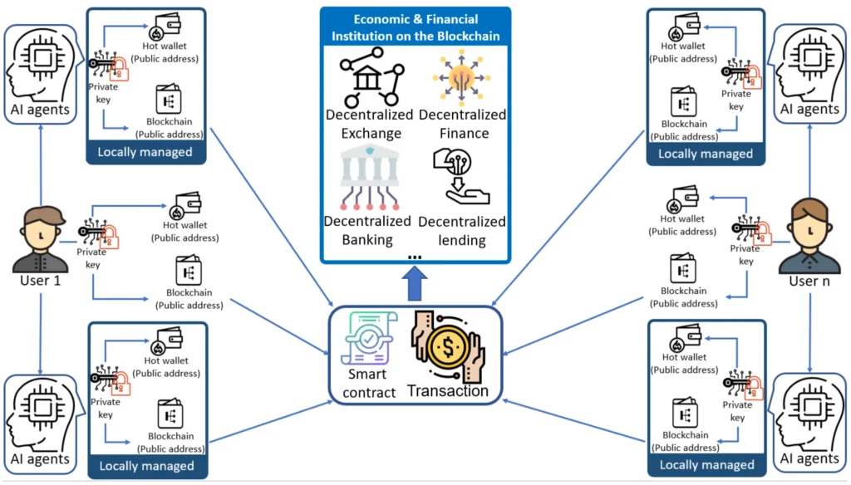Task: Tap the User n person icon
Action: [808, 238]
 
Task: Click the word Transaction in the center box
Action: [447, 390]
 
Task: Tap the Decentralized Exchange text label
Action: [369, 124]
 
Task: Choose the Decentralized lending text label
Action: [461, 231]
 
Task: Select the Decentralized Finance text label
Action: [462, 124]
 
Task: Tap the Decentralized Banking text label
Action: [367, 230]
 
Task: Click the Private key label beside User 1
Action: [91, 257]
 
